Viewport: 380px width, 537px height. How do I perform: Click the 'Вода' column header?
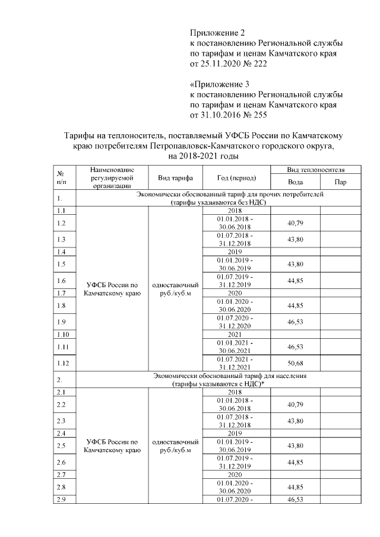coord(295,182)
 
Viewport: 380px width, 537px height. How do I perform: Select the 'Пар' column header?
coord(341,182)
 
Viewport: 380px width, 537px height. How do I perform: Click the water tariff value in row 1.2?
coord(295,223)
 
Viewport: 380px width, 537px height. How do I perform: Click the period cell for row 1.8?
coord(236,306)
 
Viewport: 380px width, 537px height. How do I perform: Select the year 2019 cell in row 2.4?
coord(236,433)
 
